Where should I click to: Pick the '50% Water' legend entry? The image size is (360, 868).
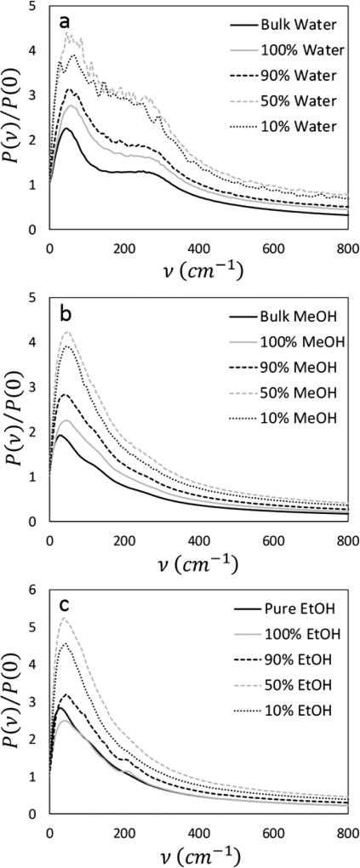294,105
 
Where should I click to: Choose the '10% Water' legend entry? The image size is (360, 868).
294,132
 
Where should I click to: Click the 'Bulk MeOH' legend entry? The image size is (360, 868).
294,316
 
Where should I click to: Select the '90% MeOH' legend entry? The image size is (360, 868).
294,369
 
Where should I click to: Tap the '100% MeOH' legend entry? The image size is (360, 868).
294,342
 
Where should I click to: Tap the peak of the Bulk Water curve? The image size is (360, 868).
66,128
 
